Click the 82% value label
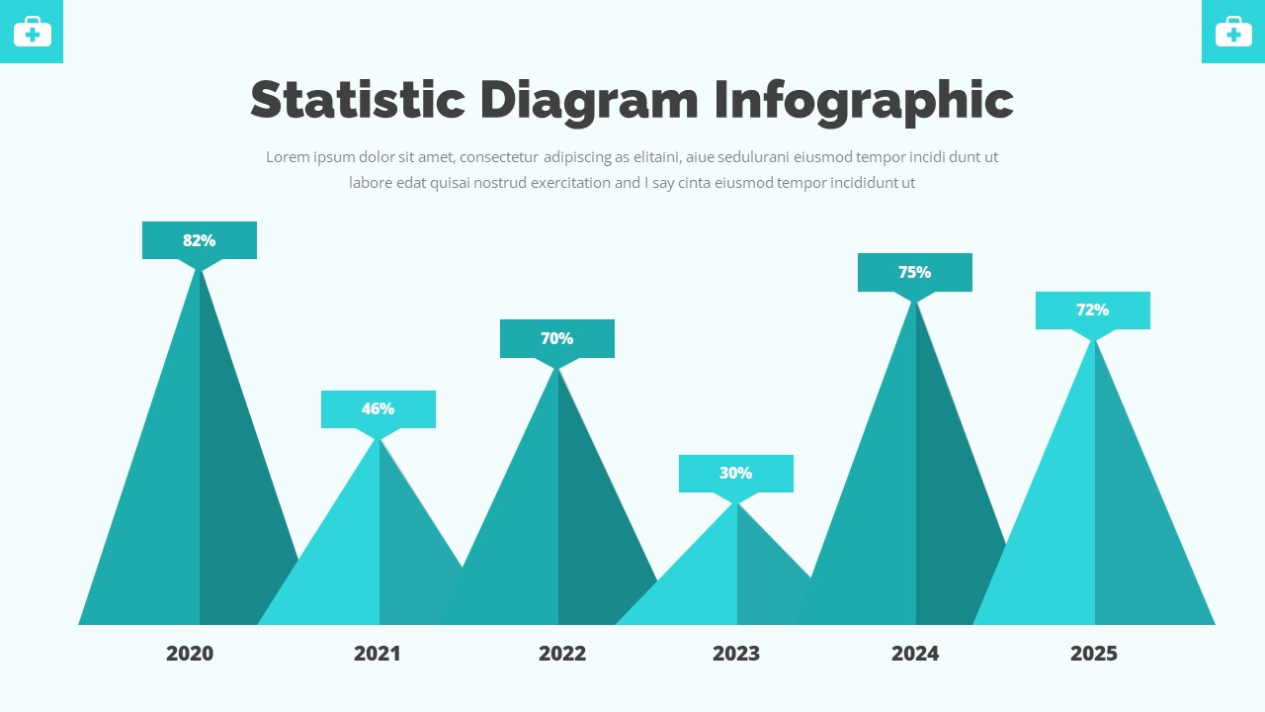pos(199,240)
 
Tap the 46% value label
pos(378,408)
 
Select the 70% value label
pos(556,338)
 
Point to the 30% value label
pos(735,473)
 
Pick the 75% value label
pos(914,272)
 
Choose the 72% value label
pos(1092,310)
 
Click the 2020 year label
pos(190,653)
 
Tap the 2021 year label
pos(378,653)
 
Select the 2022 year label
pos(562,653)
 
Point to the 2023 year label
pos(736,653)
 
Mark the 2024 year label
pos(915,653)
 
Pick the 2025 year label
pos(1094,653)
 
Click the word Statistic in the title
pos(357,100)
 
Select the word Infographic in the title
pos(864,102)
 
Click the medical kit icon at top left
pos(32,32)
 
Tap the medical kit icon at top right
pos(1233,32)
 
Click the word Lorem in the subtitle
pos(288,157)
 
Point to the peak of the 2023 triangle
pos(736,503)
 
